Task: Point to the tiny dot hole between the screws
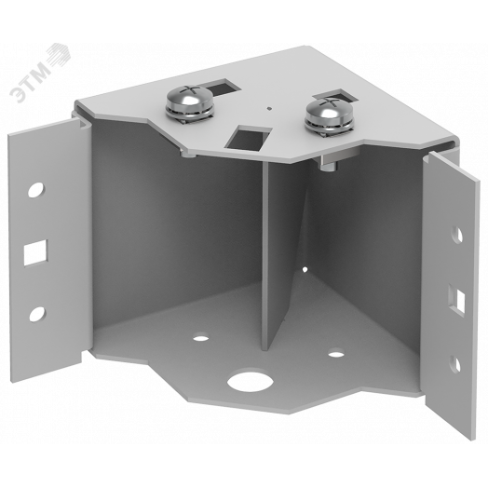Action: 269,109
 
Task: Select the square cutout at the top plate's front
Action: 249,137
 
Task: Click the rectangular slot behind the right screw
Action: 335,96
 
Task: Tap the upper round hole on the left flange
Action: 36,189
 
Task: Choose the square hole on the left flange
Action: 35,252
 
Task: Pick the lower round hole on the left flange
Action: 37,314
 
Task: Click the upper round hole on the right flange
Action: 458,235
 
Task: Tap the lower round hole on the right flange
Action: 455,363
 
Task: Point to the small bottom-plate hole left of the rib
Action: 201,337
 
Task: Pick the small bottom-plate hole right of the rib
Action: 336,354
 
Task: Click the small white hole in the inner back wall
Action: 305,269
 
